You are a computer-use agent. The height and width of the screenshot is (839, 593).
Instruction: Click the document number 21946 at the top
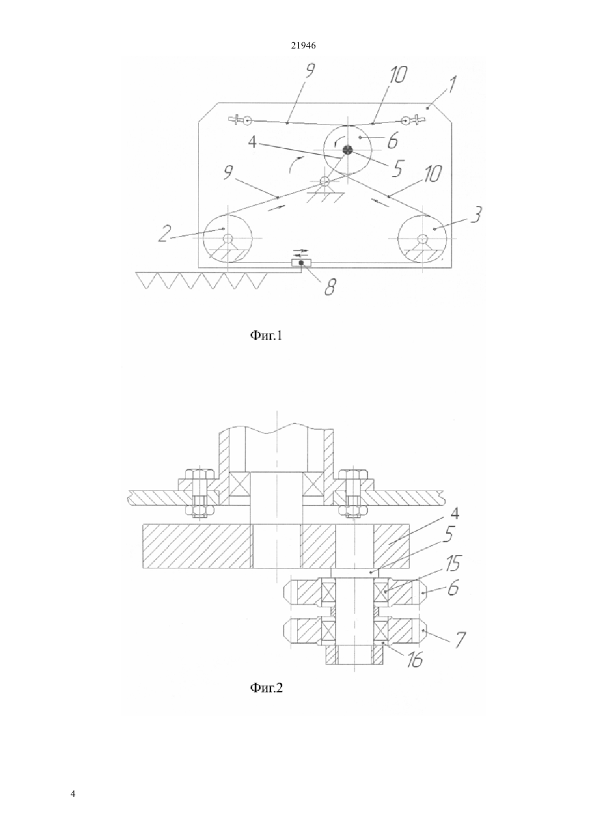(303, 46)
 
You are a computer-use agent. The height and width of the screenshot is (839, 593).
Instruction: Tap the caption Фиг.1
(266, 335)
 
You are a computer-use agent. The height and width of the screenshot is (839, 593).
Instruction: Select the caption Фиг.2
(266, 687)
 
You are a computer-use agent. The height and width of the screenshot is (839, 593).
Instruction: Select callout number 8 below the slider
(330, 287)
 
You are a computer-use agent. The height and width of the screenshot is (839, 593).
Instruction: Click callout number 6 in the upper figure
(392, 141)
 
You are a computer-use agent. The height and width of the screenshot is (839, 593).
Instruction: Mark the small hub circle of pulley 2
(227, 238)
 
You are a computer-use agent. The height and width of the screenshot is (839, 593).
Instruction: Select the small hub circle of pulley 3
(423, 238)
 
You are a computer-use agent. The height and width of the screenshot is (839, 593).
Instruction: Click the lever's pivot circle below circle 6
(325, 181)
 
